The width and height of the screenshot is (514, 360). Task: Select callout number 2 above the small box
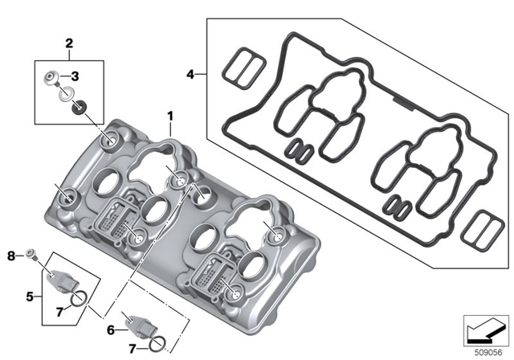click(x=69, y=42)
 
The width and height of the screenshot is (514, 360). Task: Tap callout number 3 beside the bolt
click(x=74, y=76)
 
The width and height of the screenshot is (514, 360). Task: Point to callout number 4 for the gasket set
click(x=190, y=75)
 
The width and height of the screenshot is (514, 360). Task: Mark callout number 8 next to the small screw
click(x=10, y=256)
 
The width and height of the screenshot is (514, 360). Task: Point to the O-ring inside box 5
click(x=77, y=301)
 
